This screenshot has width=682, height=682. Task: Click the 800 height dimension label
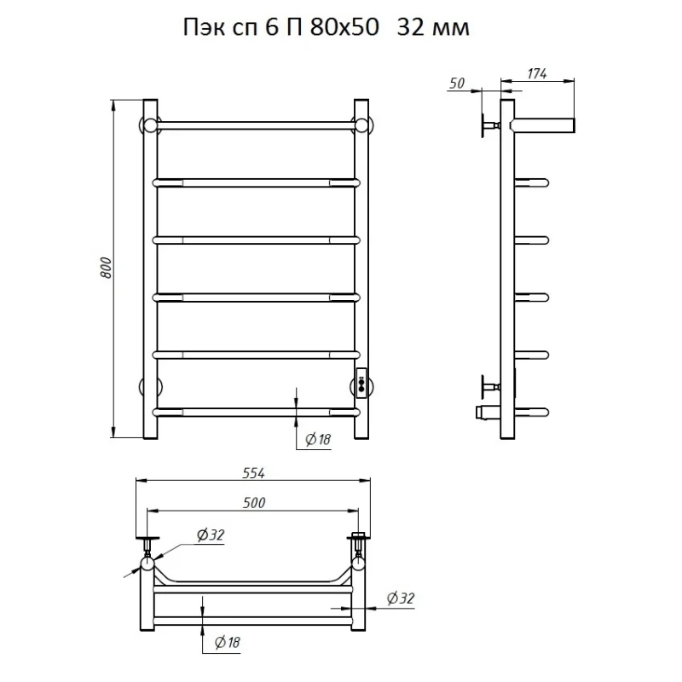coord(107,269)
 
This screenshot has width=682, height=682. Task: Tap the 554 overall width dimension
coord(253,473)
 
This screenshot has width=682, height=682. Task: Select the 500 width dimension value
coord(253,503)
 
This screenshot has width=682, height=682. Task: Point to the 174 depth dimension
coord(537,74)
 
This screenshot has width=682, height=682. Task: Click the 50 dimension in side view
coord(457,83)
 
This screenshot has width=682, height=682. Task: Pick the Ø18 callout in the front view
coord(318,440)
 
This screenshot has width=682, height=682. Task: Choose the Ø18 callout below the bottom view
coord(227,643)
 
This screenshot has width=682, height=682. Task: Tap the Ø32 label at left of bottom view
coord(211,535)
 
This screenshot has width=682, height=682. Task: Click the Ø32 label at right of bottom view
coord(401,598)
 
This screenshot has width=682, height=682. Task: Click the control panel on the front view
coord(361,383)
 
